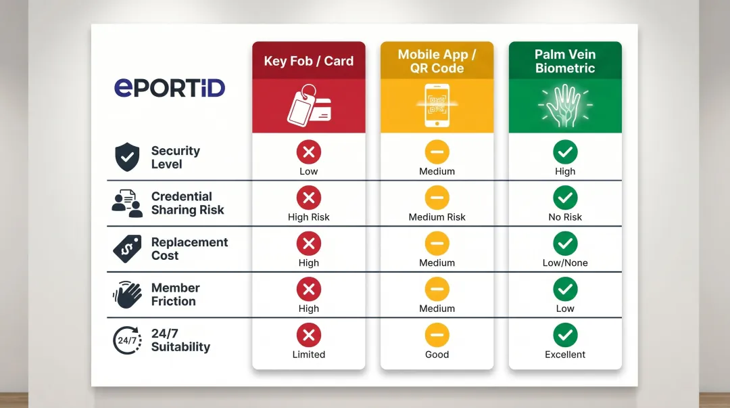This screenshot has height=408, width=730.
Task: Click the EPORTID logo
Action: click(x=170, y=88)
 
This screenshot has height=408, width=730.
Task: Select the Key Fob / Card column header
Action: click(x=309, y=61)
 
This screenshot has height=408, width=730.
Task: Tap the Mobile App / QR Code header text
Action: click(x=437, y=61)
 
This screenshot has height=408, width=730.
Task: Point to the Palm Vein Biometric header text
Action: click(x=565, y=61)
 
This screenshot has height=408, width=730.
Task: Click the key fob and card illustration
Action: click(x=309, y=106)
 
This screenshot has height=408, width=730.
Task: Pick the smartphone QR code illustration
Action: click(x=437, y=106)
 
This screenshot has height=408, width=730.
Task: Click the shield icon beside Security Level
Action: click(x=126, y=158)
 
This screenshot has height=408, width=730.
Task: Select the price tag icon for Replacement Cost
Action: click(x=126, y=249)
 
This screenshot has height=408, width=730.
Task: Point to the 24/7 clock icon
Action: click(x=127, y=340)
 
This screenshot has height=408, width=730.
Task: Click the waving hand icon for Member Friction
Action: click(x=126, y=294)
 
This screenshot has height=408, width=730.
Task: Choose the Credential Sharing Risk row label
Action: click(x=188, y=203)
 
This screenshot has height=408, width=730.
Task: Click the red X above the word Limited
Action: click(x=309, y=335)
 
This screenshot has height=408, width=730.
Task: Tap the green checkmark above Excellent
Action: click(x=565, y=335)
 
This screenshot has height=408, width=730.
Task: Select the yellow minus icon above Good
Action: click(x=437, y=335)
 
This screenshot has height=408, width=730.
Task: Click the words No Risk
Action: click(x=565, y=217)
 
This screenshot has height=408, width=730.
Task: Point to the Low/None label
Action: click(x=565, y=263)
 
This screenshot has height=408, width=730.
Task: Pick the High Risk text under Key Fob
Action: click(x=309, y=217)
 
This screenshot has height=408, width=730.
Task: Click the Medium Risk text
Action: click(x=437, y=217)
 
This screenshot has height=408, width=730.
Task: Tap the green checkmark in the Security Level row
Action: click(x=565, y=152)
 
